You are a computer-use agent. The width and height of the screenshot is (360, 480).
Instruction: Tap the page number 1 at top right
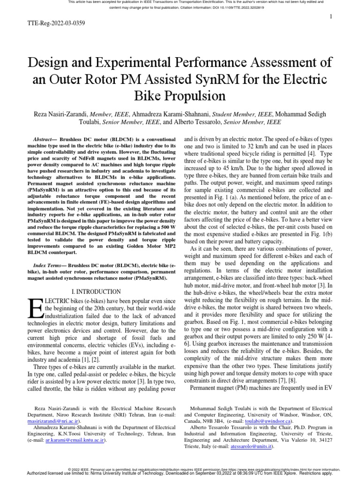click(331, 17)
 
